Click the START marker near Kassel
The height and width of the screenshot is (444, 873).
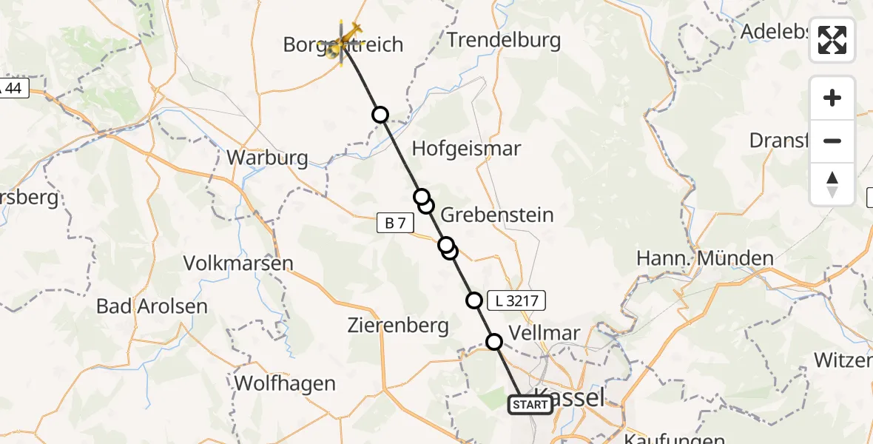point(530,405)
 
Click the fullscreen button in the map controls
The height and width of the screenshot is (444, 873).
point(832,40)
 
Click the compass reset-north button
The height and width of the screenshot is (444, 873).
point(832,184)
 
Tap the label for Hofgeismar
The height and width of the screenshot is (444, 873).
point(466,149)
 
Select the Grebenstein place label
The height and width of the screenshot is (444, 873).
point(497,215)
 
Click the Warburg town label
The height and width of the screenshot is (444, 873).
point(267,158)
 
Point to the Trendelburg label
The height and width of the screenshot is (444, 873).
point(504,41)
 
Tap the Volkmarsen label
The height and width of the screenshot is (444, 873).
point(238,263)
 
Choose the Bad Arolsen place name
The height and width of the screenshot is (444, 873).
point(152,306)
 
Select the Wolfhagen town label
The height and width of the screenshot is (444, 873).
point(285,383)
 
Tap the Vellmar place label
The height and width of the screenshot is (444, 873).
point(545,333)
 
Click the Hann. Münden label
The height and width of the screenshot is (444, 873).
point(705,259)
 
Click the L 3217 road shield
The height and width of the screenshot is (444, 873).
point(516,300)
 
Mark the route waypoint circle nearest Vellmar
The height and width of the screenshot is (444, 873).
point(493,341)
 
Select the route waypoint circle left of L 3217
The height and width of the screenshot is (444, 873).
point(474,300)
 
